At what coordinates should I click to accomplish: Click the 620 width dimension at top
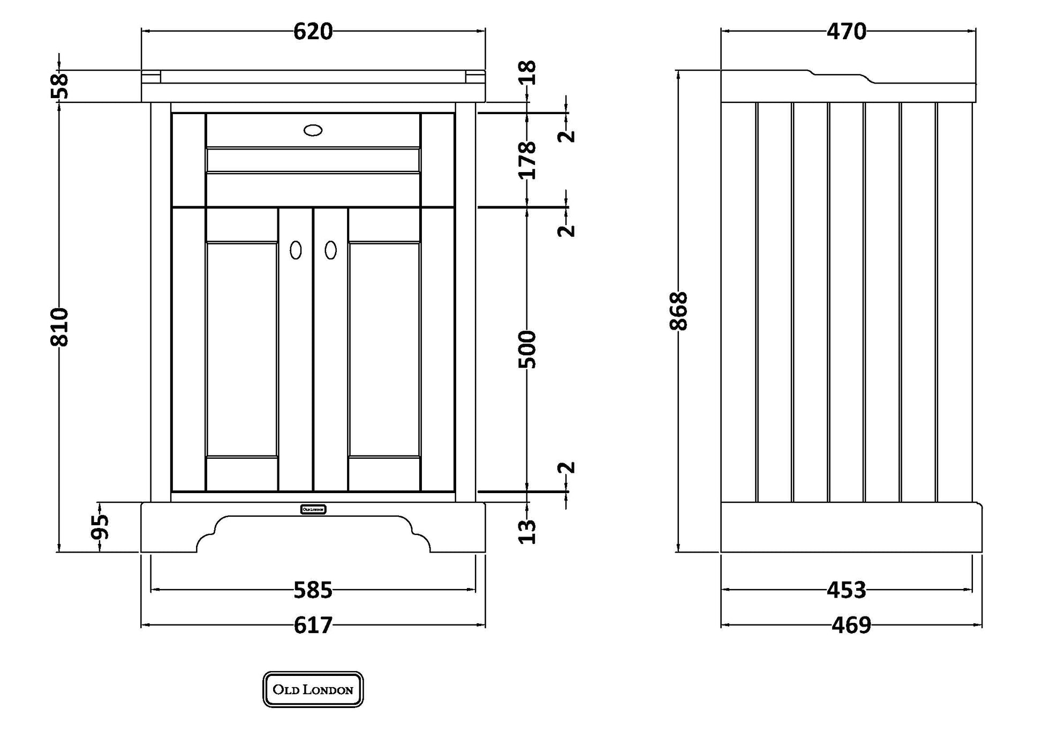coord(313,32)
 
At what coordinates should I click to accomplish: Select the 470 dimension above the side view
coord(846,32)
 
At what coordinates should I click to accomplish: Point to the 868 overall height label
coord(678,311)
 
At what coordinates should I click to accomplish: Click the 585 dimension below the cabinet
coord(313,590)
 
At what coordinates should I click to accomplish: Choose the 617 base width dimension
coord(313,625)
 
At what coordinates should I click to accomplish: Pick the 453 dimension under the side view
coord(846,590)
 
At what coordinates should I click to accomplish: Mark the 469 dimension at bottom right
coord(851,625)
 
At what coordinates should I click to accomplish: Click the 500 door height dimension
coord(527,349)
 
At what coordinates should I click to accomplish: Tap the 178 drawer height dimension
coord(527,160)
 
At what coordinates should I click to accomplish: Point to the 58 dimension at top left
coord(61,86)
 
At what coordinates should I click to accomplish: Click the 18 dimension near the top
coord(527,72)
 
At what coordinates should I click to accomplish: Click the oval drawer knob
coord(313,130)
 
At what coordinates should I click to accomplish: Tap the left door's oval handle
coord(296,250)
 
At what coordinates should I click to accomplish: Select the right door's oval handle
coord(331,250)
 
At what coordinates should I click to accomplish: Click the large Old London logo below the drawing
coord(313,689)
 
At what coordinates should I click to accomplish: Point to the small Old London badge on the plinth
coord(313,509)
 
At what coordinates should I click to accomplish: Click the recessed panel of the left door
coord(241,349)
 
